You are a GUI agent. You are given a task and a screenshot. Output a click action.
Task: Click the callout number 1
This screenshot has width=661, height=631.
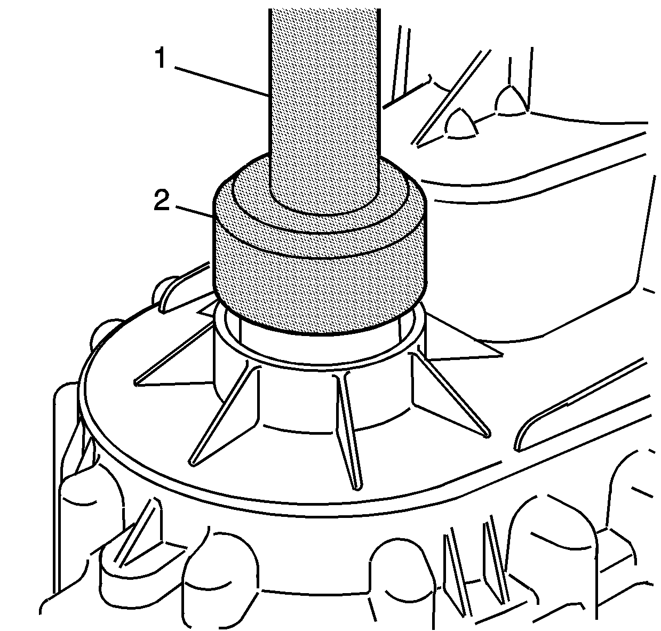(161, 58)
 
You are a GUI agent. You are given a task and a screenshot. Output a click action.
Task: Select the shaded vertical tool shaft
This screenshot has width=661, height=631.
(324, 109)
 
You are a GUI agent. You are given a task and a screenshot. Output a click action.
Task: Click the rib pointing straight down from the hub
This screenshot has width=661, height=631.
(348, 432)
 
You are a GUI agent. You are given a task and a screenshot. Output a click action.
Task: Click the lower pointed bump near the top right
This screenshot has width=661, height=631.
(461, 124)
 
